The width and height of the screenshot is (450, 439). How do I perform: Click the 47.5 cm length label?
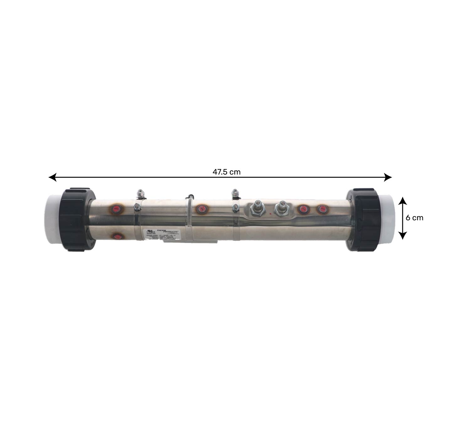[x=226, y=172]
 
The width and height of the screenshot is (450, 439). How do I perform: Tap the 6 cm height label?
[x=414, y=218]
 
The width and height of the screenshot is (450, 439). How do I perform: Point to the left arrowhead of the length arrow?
[x=52, y=177]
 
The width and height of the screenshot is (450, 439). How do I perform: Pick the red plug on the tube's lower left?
[x=118, y=236]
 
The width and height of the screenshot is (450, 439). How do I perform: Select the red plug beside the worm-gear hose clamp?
[x=201, y=209]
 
